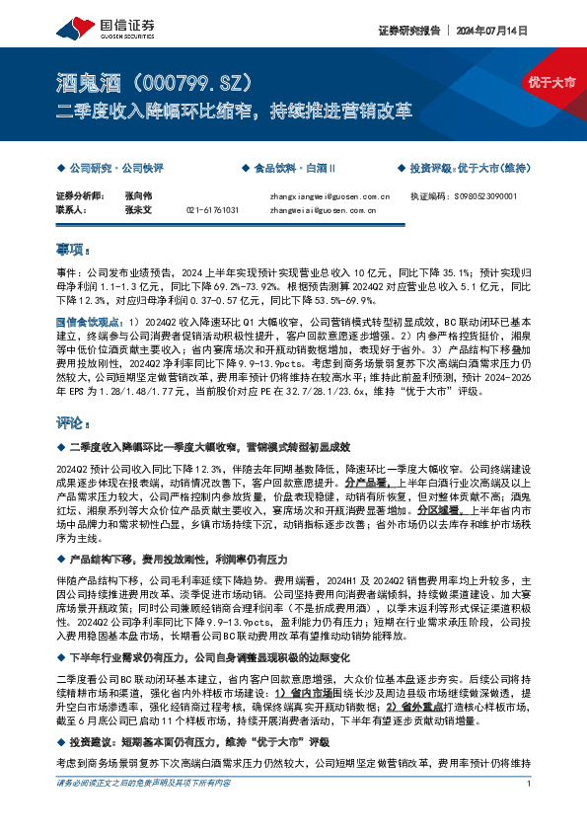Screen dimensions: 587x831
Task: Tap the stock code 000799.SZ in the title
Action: [x=189, y=79]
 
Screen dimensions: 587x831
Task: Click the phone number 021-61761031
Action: [x=212, y=210]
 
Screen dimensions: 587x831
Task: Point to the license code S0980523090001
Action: [x=481, y=196]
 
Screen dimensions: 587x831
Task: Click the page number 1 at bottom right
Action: [x=530, y=812]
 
